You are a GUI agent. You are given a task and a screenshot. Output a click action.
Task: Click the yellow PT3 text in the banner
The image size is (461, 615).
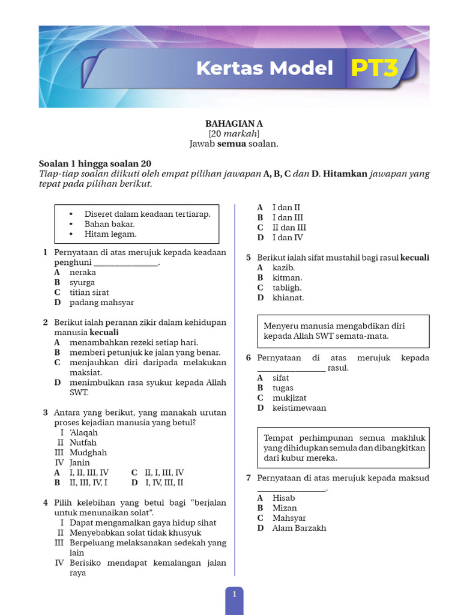(x=375, y=68)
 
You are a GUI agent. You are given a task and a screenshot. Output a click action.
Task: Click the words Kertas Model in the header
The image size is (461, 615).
(x=264, y=68)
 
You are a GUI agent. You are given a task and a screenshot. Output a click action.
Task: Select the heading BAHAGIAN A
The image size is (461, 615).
(x=234, y=123)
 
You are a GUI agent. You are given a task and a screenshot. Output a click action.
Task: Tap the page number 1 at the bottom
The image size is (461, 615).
(x=234, y=594)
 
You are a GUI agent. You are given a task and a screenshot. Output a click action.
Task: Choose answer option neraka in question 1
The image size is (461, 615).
(x=83, y=272)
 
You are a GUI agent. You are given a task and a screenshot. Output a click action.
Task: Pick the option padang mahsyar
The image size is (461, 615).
(x=101, y=302)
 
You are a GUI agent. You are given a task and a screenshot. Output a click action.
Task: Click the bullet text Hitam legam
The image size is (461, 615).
(x=110, y=234)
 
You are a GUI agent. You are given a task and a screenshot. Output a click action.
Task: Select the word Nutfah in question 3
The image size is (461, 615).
(x=83, y=443)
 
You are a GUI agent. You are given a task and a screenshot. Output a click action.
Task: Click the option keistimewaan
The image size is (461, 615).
(x=299, y=408)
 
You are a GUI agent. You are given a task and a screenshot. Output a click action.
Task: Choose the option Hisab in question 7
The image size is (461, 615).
(x=283, y=498)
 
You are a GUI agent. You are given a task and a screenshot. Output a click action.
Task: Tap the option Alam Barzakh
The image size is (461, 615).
(x=299, y=528)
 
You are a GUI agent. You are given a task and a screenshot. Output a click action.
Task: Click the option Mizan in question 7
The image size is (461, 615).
(x=285, y=507)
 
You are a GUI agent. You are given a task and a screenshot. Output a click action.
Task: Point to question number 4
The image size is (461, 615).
(x=46, y=503)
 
